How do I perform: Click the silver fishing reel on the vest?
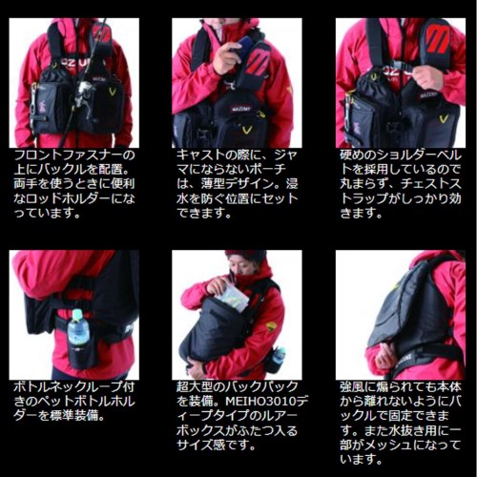(83, 93)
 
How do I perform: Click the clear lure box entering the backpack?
(233, 298)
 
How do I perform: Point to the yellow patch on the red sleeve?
(271, 326)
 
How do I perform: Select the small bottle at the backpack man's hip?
(279, 355)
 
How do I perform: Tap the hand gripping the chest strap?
(428, 78)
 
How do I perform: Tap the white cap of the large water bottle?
(77, 314)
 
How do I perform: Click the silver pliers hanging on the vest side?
(33, 99)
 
